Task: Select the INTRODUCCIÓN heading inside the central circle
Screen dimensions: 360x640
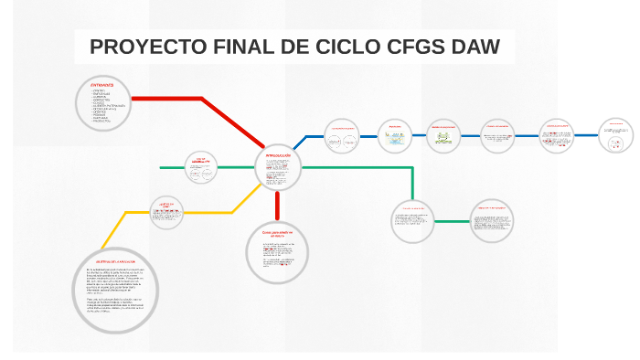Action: [x=278, y=156]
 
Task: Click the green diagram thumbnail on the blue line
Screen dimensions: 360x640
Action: [x=443, y=138]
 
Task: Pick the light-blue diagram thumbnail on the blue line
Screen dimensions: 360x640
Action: [x=395, y=138]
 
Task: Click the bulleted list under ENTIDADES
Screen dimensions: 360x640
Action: [x=110, y=106]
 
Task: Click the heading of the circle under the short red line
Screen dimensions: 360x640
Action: [x=278, y=234]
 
